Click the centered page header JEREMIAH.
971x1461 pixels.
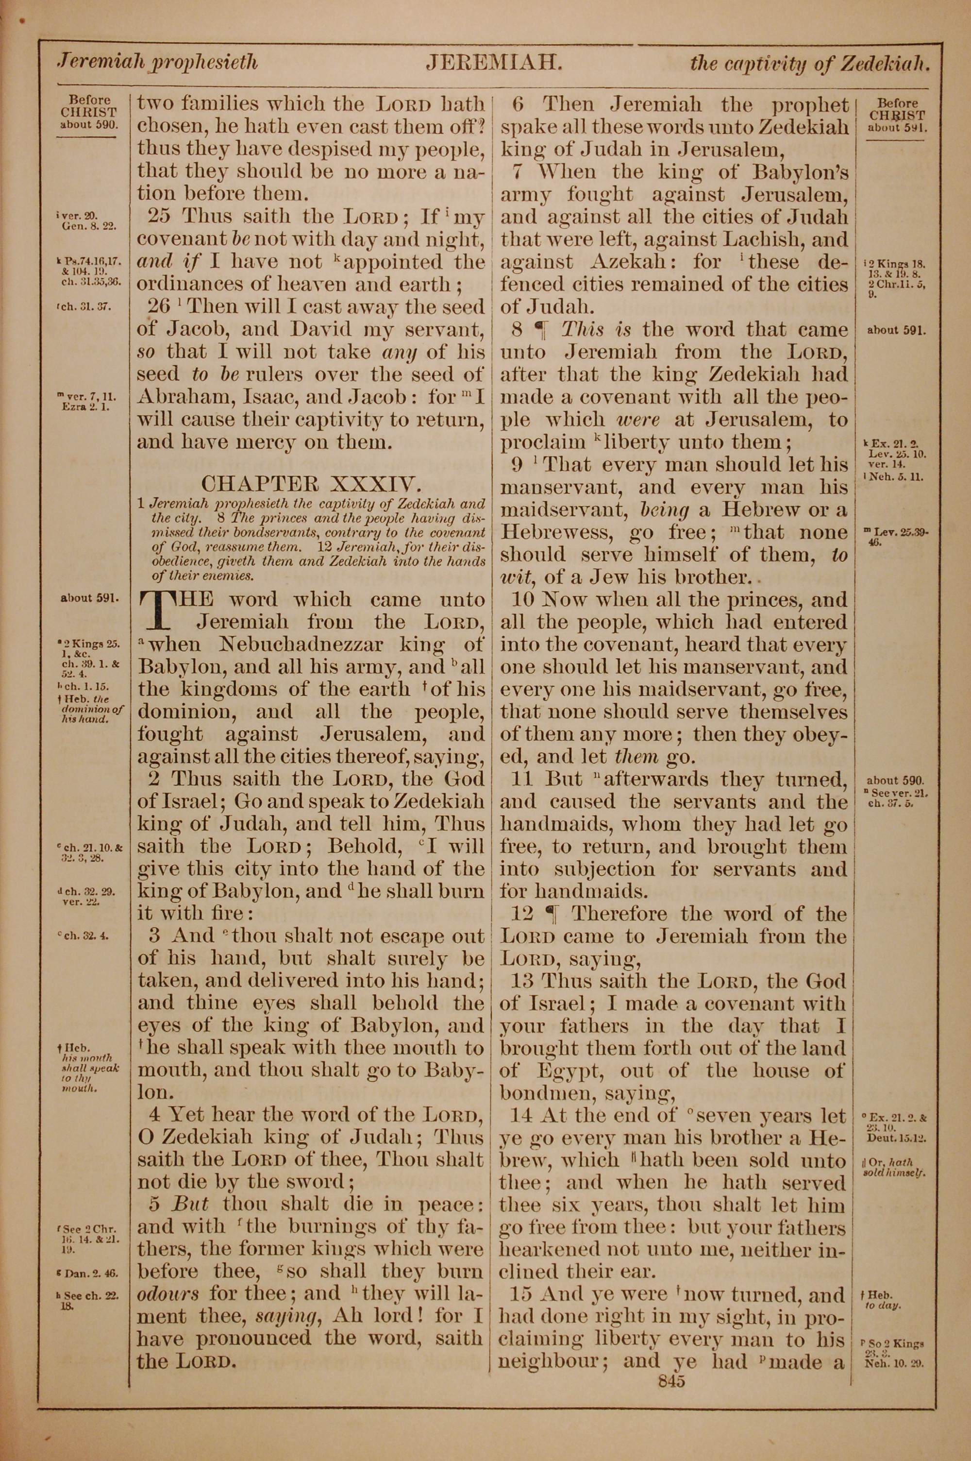[x=494, y=63]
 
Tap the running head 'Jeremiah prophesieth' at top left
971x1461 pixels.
[x=157, y=63]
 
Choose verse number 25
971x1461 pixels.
[x=160, y=217]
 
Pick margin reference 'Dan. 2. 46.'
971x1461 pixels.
[x=88, y=1274]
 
